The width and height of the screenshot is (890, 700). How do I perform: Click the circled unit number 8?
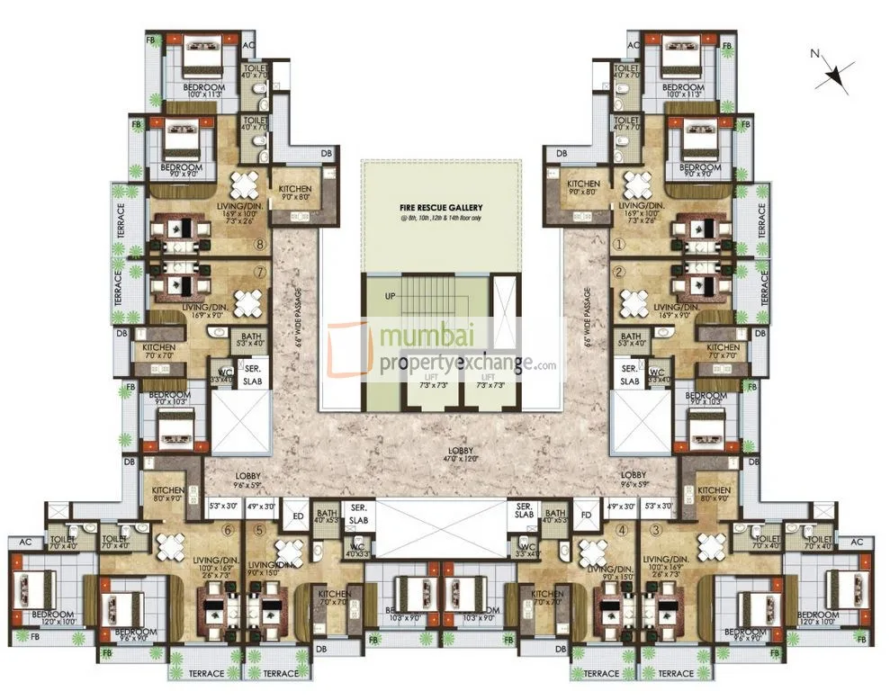coord(260,243)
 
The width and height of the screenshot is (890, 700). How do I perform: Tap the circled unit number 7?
coord(260,270)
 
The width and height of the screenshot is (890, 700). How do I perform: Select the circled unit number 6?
coord(229,530)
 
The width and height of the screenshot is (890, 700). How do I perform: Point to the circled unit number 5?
coord(259,530)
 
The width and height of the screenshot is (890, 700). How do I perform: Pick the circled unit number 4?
coord(621,530)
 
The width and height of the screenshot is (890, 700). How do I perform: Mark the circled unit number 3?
coord(657,530)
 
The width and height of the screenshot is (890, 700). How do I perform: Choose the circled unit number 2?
coord(619,271)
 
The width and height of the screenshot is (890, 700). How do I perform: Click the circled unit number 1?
coord(619,243)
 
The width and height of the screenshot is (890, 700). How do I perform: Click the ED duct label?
coord(298,516)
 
